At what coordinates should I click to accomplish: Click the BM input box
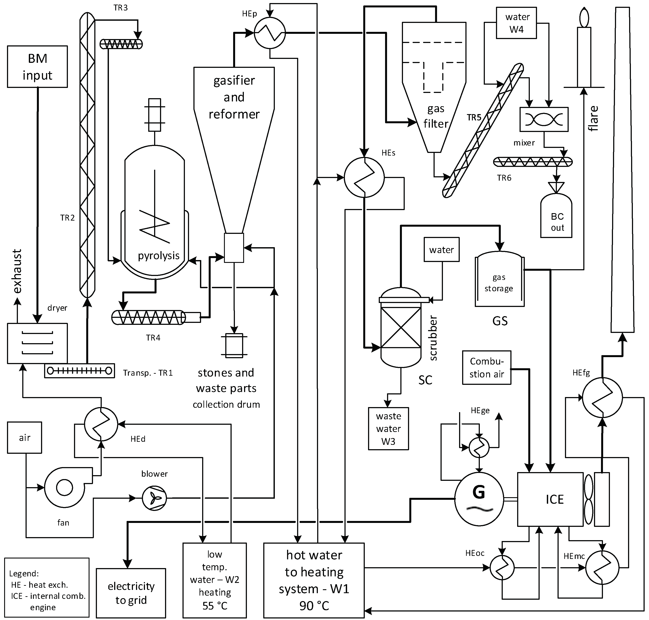(37, 67)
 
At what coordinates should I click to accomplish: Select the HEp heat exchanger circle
(270, 33)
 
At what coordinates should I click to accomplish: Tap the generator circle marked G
(479, 499)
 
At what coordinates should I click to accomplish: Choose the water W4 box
(516, 23)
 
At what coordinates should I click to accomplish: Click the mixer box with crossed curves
(544, 119)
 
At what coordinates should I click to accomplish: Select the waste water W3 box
(388, 429)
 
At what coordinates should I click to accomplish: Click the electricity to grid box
(131, 593)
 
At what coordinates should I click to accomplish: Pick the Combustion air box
(487, 368)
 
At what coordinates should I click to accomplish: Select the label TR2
(67, 218)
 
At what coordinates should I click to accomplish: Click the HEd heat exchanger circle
(101, 424)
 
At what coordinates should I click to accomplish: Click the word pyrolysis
(158, 255)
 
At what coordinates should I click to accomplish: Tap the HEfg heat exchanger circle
(602, 397)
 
